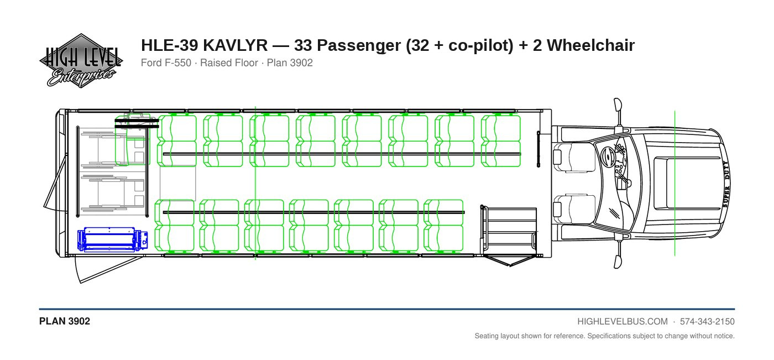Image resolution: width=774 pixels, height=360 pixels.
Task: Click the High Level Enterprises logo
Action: pos(81,61)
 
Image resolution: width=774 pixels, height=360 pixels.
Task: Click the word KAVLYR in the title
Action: pos(235,45)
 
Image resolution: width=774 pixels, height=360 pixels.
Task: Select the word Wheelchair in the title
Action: pos(590,45)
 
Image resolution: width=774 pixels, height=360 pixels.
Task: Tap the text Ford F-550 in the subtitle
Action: pos(166,63)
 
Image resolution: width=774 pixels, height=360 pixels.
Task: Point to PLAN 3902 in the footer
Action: pos(65,321)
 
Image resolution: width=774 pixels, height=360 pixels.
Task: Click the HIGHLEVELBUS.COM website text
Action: pos(623,322)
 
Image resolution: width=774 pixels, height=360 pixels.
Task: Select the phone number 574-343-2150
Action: pos(707,322)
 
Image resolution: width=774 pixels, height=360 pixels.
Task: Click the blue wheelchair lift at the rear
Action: pos(113,239)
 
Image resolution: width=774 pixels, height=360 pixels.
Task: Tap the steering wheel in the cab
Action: pos(609,158)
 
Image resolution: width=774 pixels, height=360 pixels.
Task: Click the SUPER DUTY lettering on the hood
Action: pos(725,184)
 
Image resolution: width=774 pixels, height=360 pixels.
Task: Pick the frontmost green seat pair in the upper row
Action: pos(501,140)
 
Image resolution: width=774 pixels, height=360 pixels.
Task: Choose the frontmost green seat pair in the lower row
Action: pos(443,225)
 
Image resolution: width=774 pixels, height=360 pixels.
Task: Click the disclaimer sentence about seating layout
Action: pos(604,336)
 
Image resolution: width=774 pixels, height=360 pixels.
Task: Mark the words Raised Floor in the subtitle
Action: pos(229,63)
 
